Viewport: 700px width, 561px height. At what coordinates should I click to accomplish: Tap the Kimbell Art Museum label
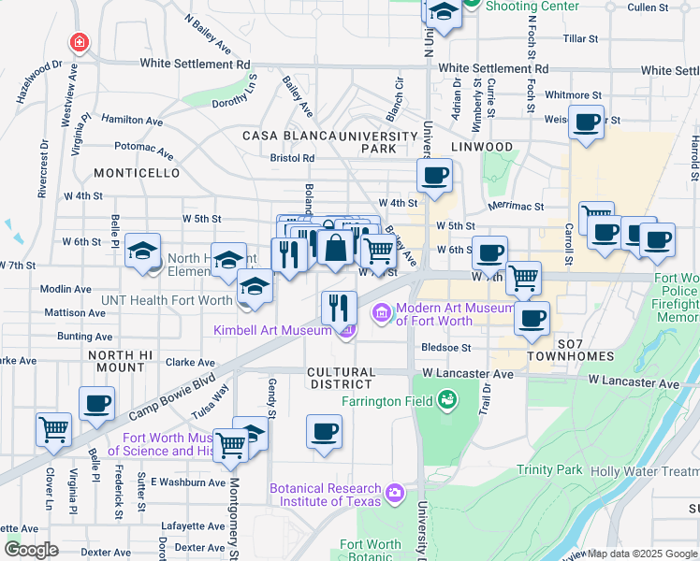(x=271, y=329)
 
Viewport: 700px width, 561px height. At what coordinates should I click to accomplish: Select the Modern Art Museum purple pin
(x=382, y=312)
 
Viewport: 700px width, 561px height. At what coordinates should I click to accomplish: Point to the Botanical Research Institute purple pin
(x=395, y=491)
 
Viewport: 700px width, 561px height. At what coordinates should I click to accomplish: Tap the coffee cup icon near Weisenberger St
(x=588, y=123)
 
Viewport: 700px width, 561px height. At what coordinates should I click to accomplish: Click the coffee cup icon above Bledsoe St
(x=532, y=317)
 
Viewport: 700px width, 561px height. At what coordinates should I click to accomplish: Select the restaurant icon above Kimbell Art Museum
(x=339, y=306)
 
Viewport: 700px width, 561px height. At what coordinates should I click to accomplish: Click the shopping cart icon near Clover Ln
(x=53, y=429)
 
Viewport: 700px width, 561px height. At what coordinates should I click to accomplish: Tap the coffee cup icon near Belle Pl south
(x=96, y=403)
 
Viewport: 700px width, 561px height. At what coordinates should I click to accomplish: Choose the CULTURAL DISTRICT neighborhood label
(x=341, y=378)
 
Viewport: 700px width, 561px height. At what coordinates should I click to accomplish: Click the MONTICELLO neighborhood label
(x=137, y=173)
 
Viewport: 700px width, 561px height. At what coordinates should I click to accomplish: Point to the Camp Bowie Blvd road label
(x=160, y=396)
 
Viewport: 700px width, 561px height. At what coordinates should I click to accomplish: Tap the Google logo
(x=31, y=550)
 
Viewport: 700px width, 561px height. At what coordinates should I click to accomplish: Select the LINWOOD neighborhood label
(x=481, y=147)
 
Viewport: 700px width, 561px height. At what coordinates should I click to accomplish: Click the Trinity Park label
(x=550, y=470)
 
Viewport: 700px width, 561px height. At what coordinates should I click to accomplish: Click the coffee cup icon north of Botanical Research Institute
(x=324, y=431)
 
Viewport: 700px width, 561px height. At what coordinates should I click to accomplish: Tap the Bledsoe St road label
(x=445, y=346)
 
